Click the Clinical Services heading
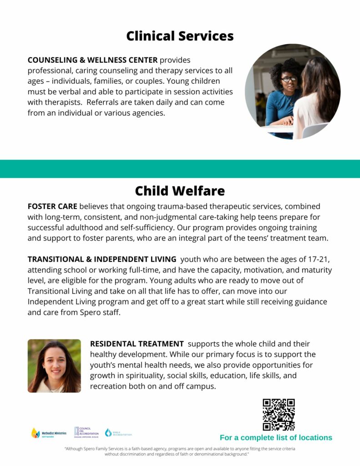coord(180,36)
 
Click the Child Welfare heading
coord(180,190)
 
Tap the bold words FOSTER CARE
coord(52,207)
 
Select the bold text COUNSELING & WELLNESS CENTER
coord(92,60)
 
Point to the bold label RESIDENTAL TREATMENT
coord(137,344)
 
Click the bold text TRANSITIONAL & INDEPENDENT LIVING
coord(102,259)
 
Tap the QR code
coord(279,415)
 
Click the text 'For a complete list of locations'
coord(276,438)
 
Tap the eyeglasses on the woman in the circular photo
coord(289,79)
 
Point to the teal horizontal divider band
coord(180,169)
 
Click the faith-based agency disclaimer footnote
coord(180,451)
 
